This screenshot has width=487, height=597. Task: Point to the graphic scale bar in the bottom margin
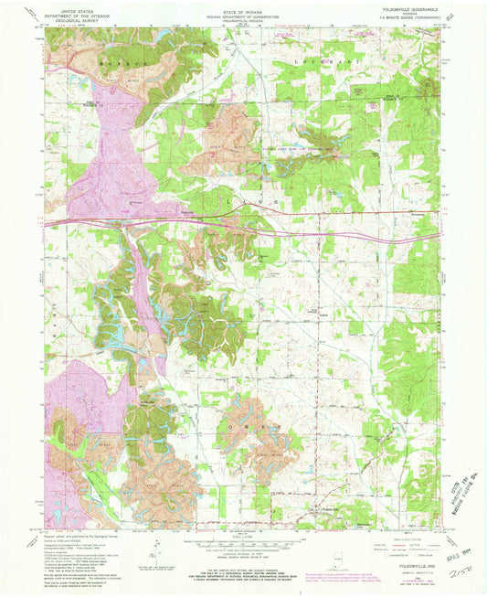point(243,541)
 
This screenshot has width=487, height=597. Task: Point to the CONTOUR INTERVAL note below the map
point(243,553)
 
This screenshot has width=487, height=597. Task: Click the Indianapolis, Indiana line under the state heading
point(244,19)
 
